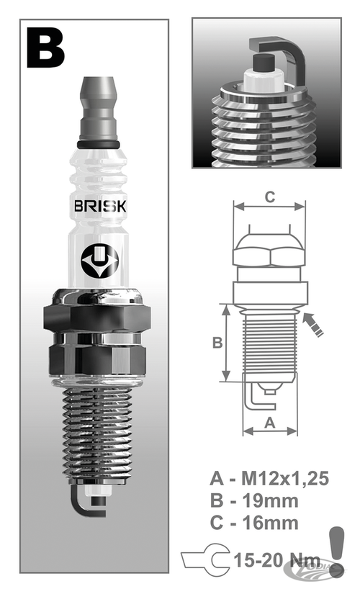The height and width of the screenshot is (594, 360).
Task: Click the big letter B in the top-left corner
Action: [x=45, y=48]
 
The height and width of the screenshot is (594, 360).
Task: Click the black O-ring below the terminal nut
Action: [x=98, y=145]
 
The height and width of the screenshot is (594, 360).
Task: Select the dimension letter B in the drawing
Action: [x=216, y=343]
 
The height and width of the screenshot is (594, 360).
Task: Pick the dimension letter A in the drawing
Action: [x=271, y=423]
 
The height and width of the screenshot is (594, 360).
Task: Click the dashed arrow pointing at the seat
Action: [x=314, y=323]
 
